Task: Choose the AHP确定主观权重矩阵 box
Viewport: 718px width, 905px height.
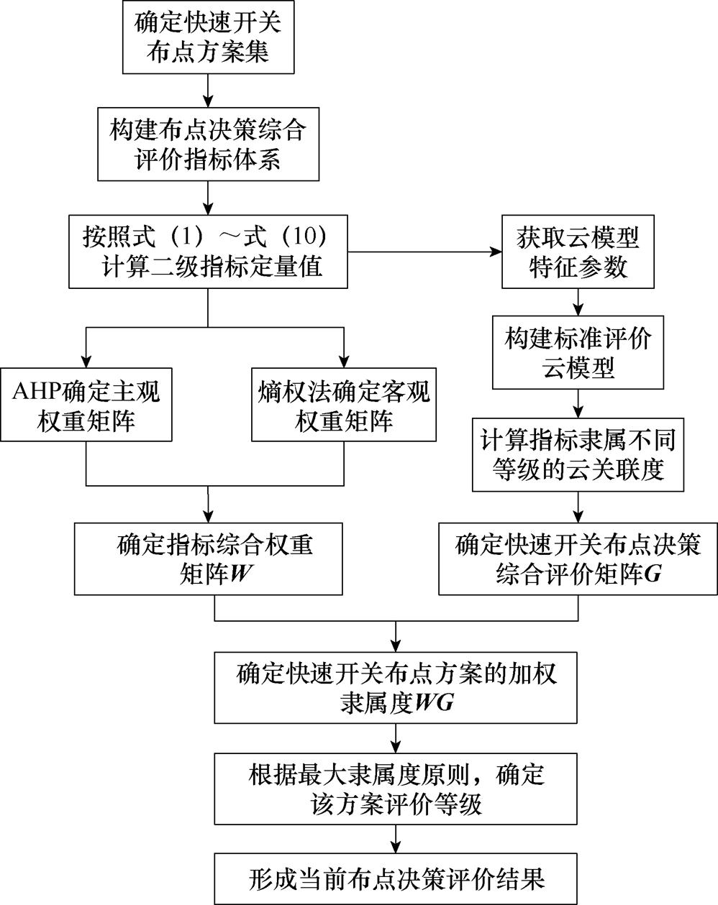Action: point(86,404)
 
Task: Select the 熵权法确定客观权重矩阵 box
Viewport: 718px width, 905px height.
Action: point(344,404)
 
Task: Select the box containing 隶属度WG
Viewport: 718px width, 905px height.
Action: point(396,686)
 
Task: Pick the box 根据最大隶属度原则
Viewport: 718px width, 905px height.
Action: point(396,788)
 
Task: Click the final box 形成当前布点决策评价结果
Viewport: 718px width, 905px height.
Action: point(396,878)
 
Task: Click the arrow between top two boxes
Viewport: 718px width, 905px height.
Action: point(208,90)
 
